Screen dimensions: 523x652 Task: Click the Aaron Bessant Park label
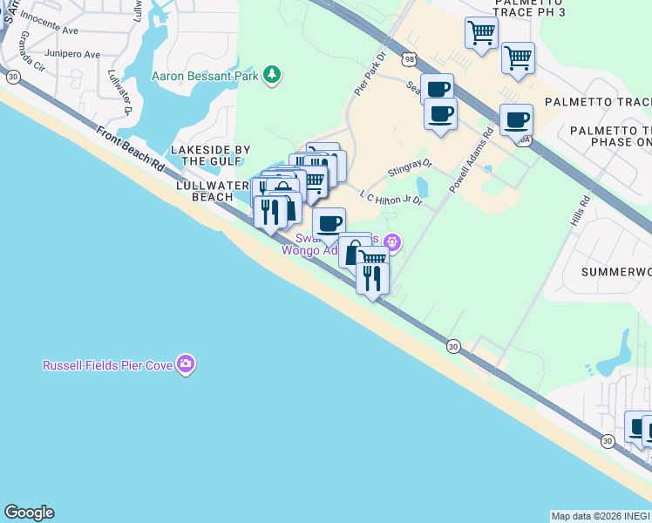[x=205, y=76]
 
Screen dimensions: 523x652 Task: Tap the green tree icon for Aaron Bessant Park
[x=273, y=75]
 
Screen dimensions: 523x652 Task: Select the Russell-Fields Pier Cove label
[x=108, y=365]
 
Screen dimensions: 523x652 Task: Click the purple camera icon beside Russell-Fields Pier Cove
[x=185, y=364]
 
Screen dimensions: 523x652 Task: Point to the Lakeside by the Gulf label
[x=210, y=155]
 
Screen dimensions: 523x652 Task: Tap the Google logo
[x=29, y=513]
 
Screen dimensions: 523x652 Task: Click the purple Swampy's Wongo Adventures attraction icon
[x=392, y=242]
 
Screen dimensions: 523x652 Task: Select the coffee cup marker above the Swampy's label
[x=329, y=224]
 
